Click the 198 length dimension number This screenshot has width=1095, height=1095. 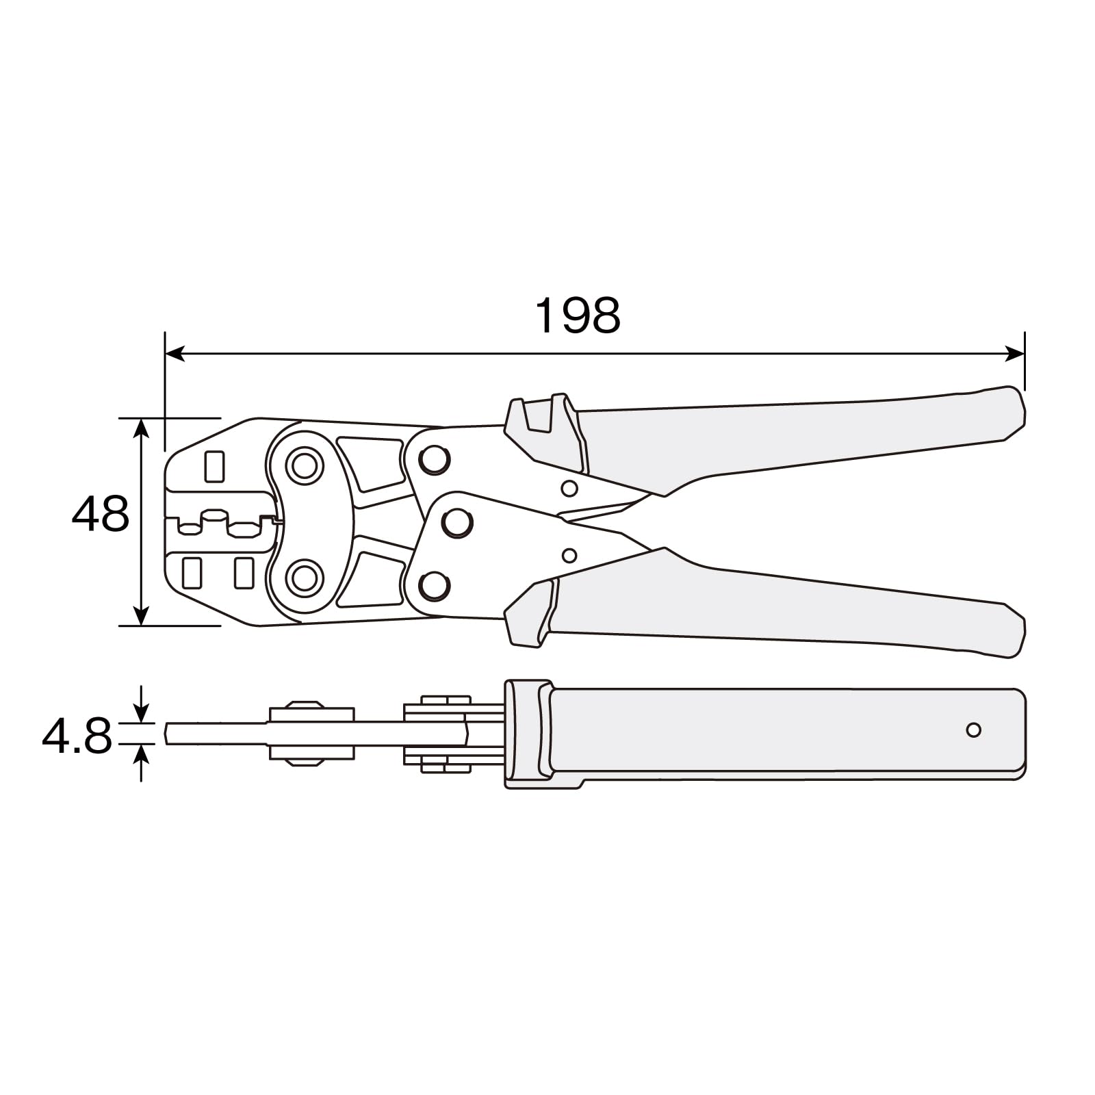(x=577, y=315)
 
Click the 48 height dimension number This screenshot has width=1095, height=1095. (x=100, y=514)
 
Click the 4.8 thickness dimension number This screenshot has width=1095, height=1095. (x=77, y=736)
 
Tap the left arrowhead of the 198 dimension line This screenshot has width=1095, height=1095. (x=175, y=354)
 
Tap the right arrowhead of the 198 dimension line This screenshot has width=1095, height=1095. (x=1014, y=354)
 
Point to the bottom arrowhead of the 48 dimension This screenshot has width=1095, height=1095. (x=141, y=615)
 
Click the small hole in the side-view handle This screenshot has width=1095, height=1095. (x=973, y=730)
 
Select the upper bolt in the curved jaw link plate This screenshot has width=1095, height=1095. (x=305, y=465)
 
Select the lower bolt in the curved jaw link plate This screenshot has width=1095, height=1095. (x=305, y=579)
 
